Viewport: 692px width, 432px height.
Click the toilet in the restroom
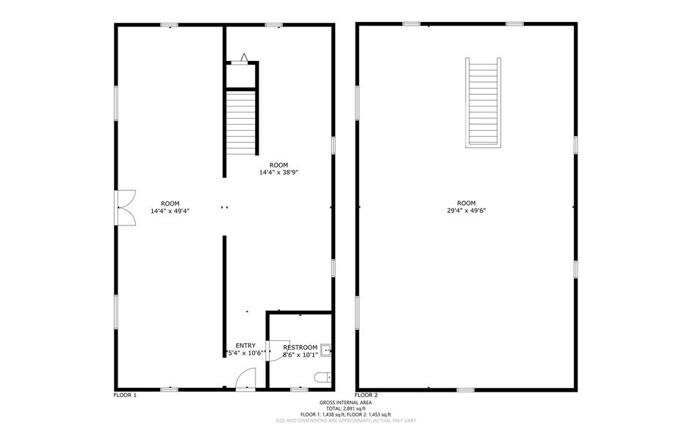click(x=322, y=378)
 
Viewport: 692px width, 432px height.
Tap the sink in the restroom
click(x=325, y=350)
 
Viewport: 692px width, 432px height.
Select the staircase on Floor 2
click(x=483, y=102)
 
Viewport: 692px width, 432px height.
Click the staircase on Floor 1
click(x=241, y=122)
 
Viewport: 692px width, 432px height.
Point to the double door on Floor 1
click(x=126, y=208)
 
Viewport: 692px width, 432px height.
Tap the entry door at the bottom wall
click(x=246, y=380)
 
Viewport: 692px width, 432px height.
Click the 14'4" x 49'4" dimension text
click(x=170, y=212)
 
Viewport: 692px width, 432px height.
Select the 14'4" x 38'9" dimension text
click(x=279, y=173)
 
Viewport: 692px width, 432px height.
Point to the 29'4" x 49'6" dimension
click(x=466, y=210)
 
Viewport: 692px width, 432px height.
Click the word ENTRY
click(x=246, y=345)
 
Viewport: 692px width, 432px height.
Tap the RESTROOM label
click(x=300, y=348)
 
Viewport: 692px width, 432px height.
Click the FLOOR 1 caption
click(x=126, y=395)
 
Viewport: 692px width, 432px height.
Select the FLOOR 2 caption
click(x=367, y=395)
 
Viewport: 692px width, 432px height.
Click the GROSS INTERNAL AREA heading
click(x=346, y=403)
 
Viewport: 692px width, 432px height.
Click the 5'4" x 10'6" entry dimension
click(x=246, y=353)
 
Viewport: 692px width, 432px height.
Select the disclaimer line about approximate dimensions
click(x=346, y=420)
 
